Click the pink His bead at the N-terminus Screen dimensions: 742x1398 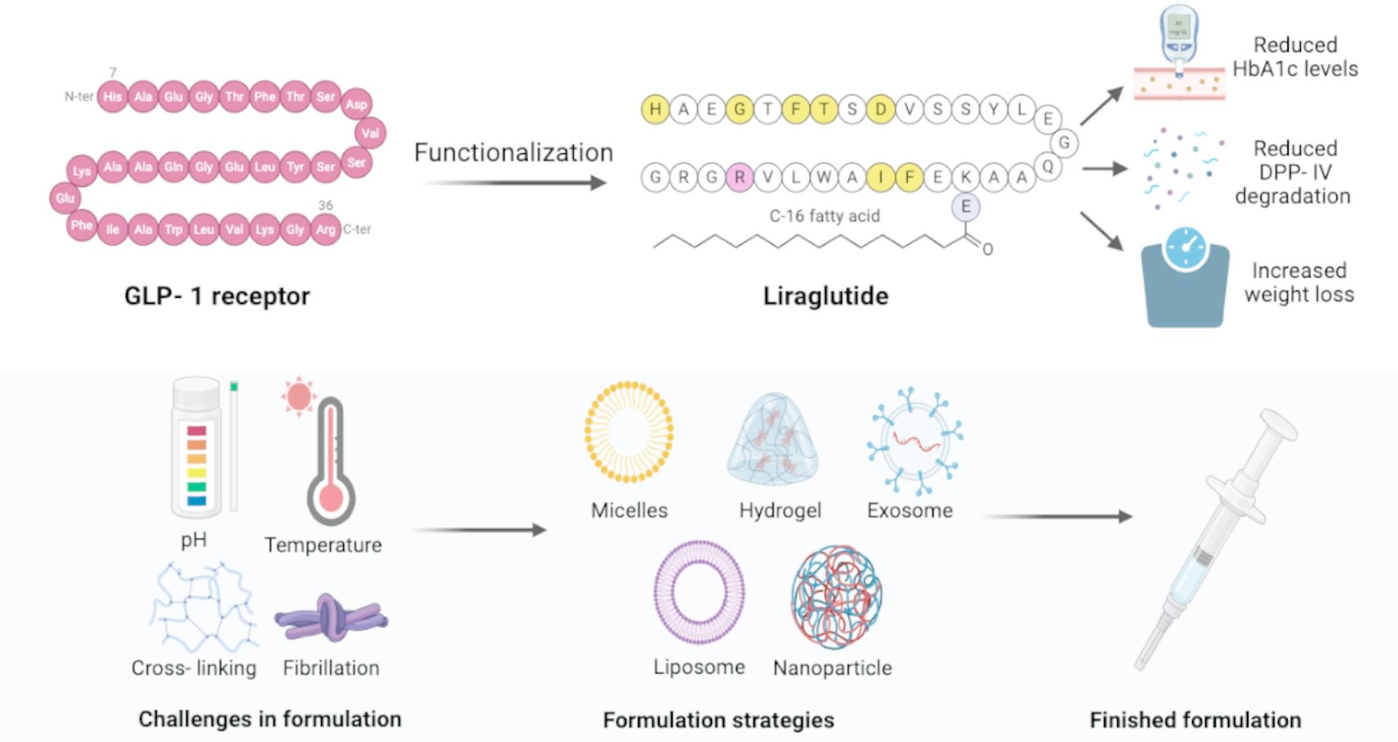[112, 97]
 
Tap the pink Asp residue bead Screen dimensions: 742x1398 [356, 104]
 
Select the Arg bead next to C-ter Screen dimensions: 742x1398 [325, 230]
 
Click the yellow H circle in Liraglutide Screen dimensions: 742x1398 [655, 109]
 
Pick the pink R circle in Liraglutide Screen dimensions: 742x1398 [739, 178]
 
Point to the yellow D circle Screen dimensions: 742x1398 [881, 109]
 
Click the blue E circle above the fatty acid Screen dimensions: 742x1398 [966, 207]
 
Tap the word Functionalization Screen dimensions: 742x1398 [513, 152]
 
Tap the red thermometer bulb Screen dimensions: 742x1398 [331, 497]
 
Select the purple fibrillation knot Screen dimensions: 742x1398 [331, 618]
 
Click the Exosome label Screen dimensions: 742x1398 [910, 511]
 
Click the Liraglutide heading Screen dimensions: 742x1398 [825, 296]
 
